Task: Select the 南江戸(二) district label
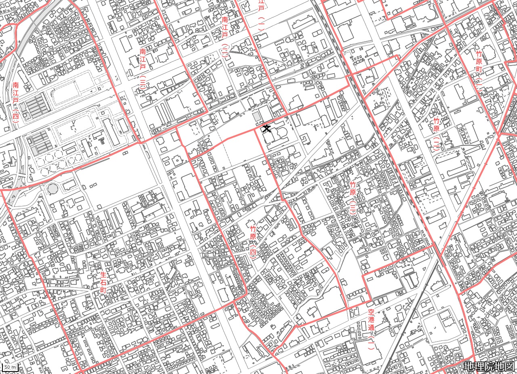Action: (x=225, y=36)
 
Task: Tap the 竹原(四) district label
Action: (x=253, y=241)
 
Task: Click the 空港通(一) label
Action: (x=372, y=329)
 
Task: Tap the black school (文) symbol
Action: (x=266, y=129)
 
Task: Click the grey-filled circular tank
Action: (x=53, y=188)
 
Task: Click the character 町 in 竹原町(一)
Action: (x=479, y=69)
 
